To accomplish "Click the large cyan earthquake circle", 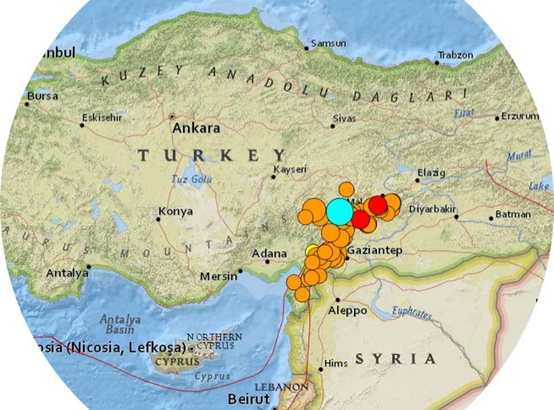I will [x=339, y=211].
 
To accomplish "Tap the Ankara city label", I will [x=196, y=128].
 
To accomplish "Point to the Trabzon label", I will [x=455, y=55].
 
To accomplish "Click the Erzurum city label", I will [x=519, y=116].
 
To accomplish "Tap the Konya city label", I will [x=176, y=212].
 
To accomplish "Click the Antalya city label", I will [x=68, y=273].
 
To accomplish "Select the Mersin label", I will [x=219, y=277].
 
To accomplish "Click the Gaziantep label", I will [x=375, y=251].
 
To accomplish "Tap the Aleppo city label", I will [x=348, y=311].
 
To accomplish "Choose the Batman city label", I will [x=513, y=215].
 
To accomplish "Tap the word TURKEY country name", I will [x=212, y=155].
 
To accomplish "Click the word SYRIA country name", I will [x=396, y=359].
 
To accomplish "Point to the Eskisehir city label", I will [x=102, y=118].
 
